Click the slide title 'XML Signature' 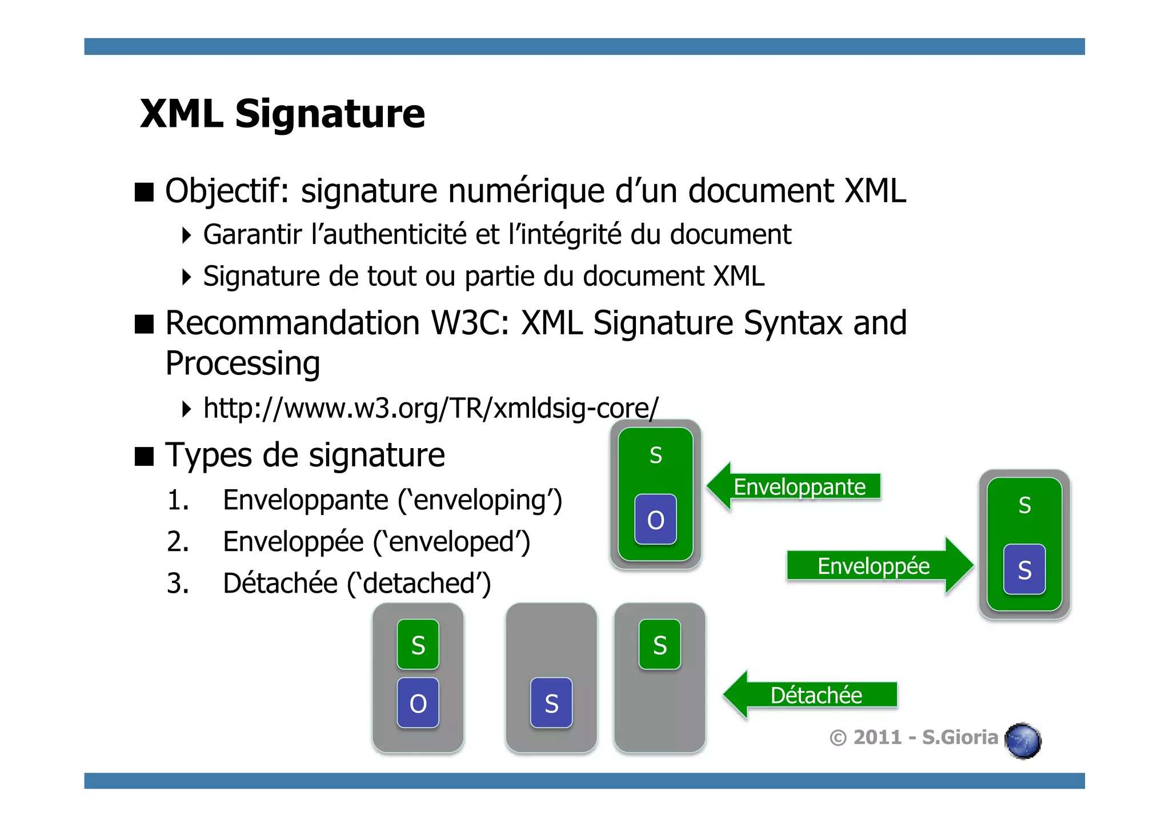pos(282,114)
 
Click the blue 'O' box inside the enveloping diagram pos(655,520)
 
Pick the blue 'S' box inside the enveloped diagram pos(1024,570)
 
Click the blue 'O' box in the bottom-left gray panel pos(418,703)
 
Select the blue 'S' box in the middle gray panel pos(551,703)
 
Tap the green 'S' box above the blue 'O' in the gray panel pos(418,645)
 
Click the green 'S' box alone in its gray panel pos(660,645)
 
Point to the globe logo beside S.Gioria pos(1023,741)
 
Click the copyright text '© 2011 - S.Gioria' pos(913,737)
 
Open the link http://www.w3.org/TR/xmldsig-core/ pos(431,409)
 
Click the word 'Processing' pos(243,363)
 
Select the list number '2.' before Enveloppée pos(178,542)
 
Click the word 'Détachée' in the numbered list pos(280,584)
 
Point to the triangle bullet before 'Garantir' pos(186,235)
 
